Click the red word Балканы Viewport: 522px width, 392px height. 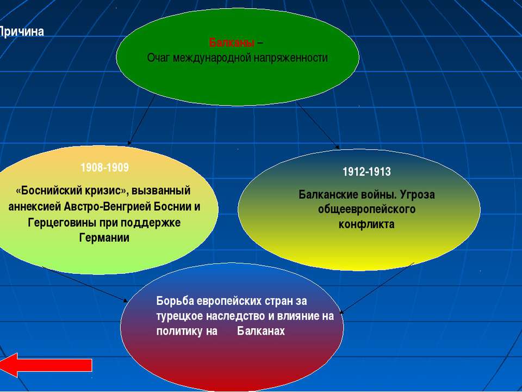(x=232, y=42)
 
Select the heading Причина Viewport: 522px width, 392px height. (x=21, y=32)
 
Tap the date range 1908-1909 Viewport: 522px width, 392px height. (x=104, y=167)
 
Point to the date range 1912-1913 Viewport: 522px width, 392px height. (x=366, y=171)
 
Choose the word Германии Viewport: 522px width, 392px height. (x=104, y=238)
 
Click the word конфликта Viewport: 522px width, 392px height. (x=366, y=224)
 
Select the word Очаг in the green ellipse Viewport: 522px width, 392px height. (x=158, y=58)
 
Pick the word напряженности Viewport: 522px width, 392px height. (x=290, y=58)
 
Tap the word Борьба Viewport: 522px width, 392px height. (x=175, y=301)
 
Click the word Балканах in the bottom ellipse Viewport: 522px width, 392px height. (x=261, y=331)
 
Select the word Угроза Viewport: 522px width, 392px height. (x=417, y=194)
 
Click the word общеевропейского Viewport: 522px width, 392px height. (x=366, y=209)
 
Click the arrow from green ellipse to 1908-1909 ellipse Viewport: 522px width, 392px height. (x=141, y=120)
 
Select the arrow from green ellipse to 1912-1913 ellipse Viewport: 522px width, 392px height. (x=318, y=125)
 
